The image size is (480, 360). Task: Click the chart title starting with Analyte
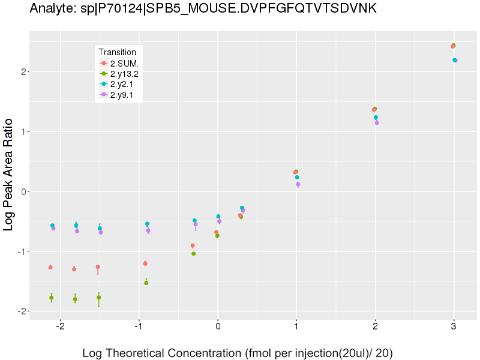point(203,9)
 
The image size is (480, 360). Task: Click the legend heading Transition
point(121,52)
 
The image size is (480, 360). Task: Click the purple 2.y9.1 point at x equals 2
point(377,123)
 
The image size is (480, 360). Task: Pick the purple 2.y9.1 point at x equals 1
point(298,185)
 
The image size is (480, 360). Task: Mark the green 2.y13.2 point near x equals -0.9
point(146,283)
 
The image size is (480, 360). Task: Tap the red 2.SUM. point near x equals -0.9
point(145,263)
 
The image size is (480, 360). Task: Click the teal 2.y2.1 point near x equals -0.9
point(147,224)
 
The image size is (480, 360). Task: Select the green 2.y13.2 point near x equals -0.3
point(193,254)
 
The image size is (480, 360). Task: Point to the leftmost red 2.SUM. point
point(50,267)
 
